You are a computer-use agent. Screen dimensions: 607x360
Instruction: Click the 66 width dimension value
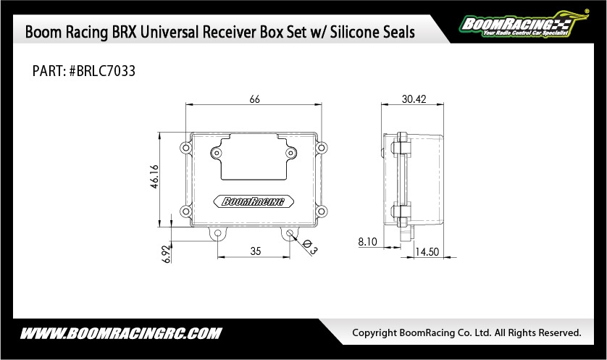[x=255, y=99]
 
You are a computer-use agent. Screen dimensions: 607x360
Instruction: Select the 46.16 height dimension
[x=154, y=177]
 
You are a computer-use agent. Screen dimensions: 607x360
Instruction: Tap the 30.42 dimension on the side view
[x=414, y=99]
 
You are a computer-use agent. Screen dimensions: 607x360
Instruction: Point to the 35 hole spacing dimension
[x=256, y=251]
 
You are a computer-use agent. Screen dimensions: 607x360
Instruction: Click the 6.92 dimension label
[x=167, y=254]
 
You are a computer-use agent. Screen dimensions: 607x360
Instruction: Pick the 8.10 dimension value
[x=367, y=242]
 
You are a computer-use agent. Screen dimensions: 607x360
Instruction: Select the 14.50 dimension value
[x=427, y=252]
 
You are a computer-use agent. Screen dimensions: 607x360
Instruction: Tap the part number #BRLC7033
[x=102, y=71]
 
